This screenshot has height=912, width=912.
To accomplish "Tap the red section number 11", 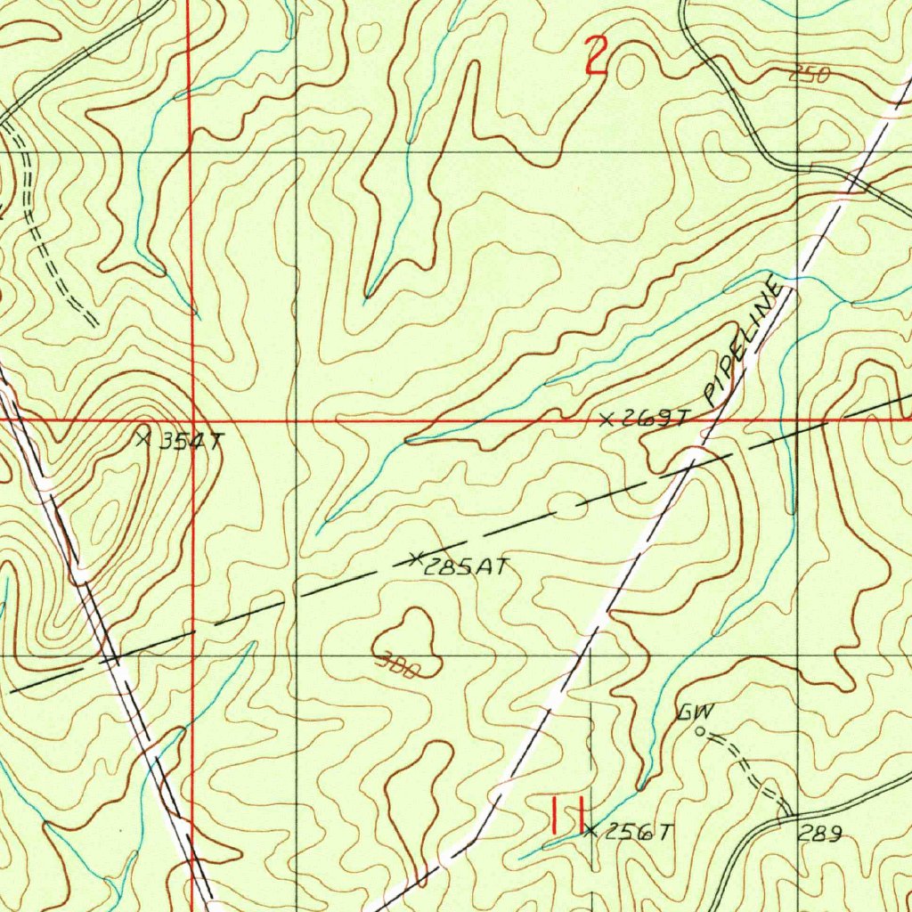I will [x=566, y=815].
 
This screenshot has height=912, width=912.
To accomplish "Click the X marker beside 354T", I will [x=143, y=436].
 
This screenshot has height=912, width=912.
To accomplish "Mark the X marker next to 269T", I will [x=607, y=419].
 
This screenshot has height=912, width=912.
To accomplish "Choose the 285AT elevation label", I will [x=465, y=566].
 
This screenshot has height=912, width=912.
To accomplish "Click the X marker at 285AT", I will [x=414, y=559].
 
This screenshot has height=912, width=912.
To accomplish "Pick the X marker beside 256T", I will [x=590, y=831].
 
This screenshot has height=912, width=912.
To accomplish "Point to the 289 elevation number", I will [x=818, y=834].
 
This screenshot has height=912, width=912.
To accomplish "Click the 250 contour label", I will [x=809, y=77].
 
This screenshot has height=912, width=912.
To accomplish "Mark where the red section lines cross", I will [x=191, y=419].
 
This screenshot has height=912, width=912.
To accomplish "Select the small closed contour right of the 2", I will [x=630, y=73].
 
